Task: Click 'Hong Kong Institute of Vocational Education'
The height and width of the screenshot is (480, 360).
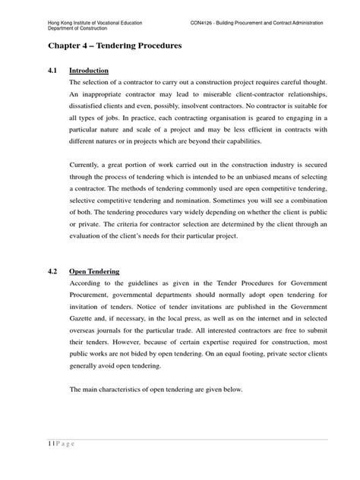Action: tap(81, 24)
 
